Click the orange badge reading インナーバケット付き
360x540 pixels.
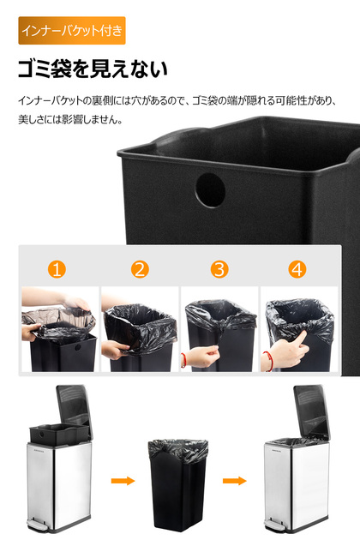point(72,30)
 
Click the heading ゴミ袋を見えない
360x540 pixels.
point(93,69)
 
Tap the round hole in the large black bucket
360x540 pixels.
point(210,190)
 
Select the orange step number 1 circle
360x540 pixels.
point(57,269)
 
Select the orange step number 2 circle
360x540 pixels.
point(140,269)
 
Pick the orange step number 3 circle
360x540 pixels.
point(219,269)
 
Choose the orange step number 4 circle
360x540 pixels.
point(297,269)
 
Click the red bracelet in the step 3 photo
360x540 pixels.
point(183,360)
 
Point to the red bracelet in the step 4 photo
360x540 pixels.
point(267,361)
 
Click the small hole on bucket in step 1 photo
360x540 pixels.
point(77,347)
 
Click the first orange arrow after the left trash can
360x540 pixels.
point(123,480)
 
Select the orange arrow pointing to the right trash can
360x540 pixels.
point(235,480)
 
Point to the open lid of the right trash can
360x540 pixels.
point(312,411)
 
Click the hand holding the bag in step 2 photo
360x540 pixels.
point(114,350)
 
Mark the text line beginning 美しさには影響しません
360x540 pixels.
point(70,120)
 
